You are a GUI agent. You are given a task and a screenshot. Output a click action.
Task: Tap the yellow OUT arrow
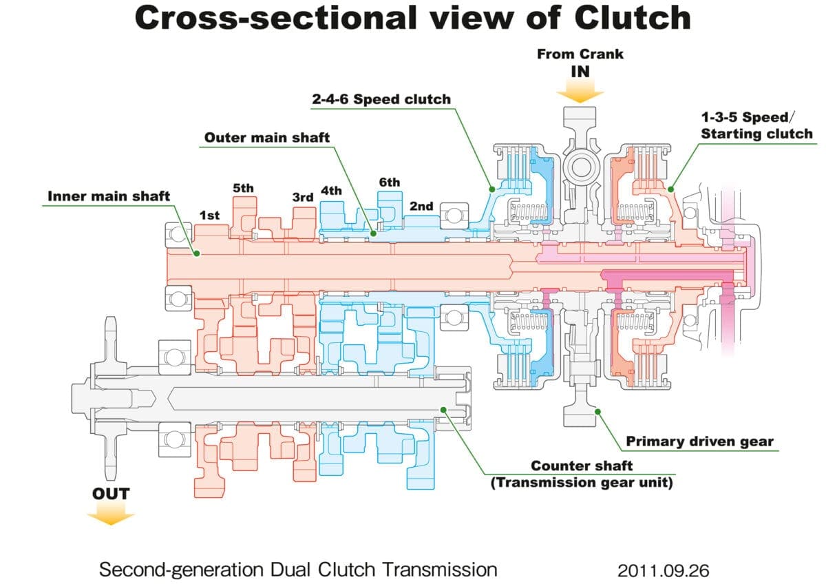112,513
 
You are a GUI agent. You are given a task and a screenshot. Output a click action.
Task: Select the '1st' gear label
209,216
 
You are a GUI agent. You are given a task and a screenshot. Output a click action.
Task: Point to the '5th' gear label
243,187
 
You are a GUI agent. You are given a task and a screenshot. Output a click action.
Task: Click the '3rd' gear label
303,197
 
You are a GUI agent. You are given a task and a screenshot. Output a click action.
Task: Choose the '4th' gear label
332,191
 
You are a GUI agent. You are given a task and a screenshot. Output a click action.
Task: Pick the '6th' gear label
389,182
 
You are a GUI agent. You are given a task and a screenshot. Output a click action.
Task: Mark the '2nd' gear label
421,206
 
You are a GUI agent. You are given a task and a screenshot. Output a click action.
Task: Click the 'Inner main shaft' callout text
109,196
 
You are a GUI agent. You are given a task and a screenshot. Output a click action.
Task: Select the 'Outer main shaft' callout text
267,138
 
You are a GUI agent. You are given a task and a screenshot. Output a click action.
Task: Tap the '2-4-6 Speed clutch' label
381,99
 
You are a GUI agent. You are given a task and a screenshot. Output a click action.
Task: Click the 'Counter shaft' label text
581,466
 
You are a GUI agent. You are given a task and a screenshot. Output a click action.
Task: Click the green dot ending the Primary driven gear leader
597,411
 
